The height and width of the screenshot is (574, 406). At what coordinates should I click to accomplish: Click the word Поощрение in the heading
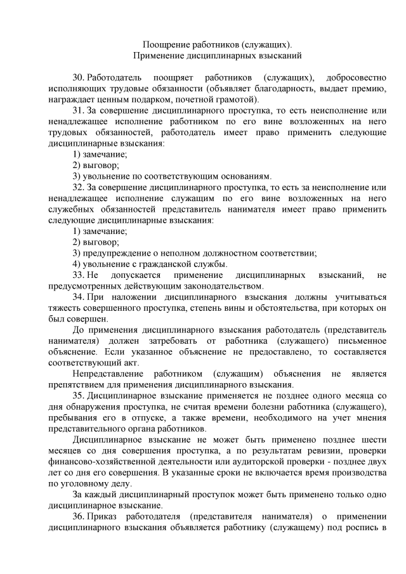tap(164, 46)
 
